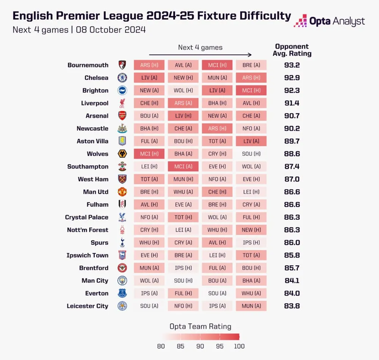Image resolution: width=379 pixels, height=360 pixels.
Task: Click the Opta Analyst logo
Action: pyautogui.click(x=329, y=21)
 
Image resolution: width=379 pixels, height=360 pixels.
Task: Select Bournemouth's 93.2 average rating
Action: pyautogui.click(x=292, y=65)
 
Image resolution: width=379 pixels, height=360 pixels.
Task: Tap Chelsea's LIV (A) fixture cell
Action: pyautogui.click(x=149, y=78)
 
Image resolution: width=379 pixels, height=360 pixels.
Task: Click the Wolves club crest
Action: pyautogui.click(x=122, y=154)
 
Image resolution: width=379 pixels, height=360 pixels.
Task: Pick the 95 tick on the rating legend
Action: pyautogui.click(x=220, y=346)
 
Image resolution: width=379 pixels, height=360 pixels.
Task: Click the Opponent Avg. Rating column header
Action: pyautogui.click(x=292, y=50)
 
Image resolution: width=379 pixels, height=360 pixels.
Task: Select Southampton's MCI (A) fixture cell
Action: pyautogui.click(x=183, y=167)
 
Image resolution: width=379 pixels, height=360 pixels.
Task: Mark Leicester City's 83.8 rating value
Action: pyautogui.click(x=292, y=306)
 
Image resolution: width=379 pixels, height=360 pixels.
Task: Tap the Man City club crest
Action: pyautogui.click(x=122, y=281)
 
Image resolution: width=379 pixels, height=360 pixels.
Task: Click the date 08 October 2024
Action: pyautogui.click(x=111, y=30)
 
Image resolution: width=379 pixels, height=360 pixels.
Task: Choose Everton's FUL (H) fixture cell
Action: pyautogui.click(x=183, y=293)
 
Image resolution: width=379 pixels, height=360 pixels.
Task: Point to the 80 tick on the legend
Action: pyautogui.click(x=161, y=346)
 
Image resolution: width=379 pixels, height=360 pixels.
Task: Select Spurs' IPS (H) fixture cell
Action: pyautogui.click(x=251, y=243)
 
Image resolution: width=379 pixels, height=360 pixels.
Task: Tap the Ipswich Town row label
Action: pyautogui.click(x=88, y=255)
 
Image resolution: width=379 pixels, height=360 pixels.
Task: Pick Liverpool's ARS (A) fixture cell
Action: pyautogui.click(x=183, y=103)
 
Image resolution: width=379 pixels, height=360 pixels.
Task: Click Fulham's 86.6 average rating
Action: pyautogui.click(x=292, y=205)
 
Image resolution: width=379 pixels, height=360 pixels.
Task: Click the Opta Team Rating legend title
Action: pyautogui.click(x=200, y=326)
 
